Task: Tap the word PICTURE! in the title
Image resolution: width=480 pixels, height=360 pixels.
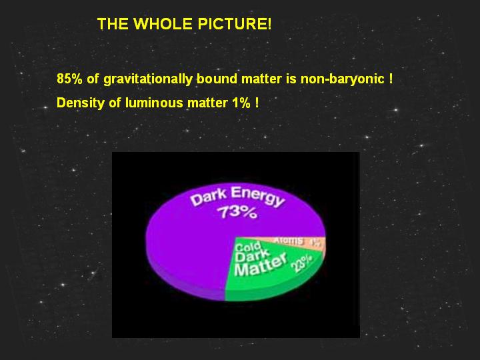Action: pyautogui.click(x=234, y=24)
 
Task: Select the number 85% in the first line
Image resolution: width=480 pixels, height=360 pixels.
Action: pyautogui.click(x=69, y=79)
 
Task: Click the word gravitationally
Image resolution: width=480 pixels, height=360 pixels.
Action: pyautogui.click(x=148, y=79)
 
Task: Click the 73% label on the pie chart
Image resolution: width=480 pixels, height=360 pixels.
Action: pyautogui.click(x=236, y=212)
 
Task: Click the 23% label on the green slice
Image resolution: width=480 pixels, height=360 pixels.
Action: pyautogui.click(x=302, y=263)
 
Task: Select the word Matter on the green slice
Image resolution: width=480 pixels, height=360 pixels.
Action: pyautogui.click(x=261, y=265)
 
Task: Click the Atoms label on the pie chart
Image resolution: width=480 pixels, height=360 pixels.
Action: pyautogui.click(x=289, y=241)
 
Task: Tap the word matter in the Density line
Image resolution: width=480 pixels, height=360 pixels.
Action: pyautogui.click(x=207, y=103)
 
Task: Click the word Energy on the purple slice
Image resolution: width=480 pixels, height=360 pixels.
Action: pyautogui.click(x=258, y=197)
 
